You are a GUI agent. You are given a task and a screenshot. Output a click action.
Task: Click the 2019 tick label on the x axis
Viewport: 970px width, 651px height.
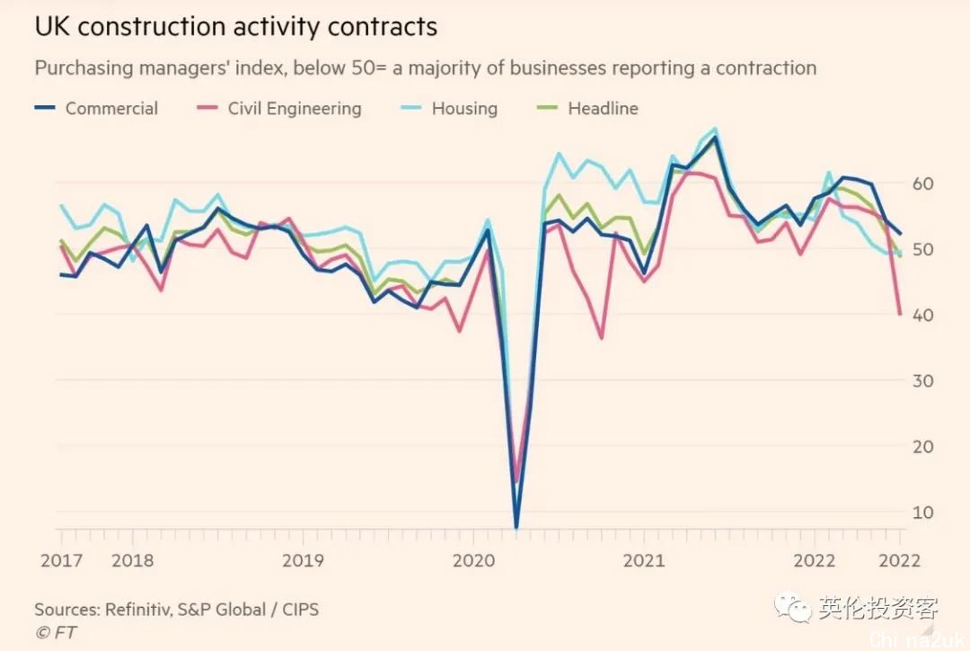click(303, 559)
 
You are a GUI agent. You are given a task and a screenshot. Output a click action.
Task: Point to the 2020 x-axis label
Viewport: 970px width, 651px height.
click(473, 559)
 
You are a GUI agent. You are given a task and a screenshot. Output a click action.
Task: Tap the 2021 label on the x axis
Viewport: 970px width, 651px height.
click(644, 559)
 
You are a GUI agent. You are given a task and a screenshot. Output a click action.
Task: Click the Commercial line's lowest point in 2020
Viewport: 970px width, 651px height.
click(516, 527)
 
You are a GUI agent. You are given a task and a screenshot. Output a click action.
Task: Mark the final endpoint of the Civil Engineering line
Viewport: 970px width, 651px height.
click(900, 314)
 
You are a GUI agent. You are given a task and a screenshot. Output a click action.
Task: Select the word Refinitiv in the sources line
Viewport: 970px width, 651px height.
click(144, 610)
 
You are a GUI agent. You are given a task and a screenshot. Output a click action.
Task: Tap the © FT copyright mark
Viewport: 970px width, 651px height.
click(56, 632)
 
